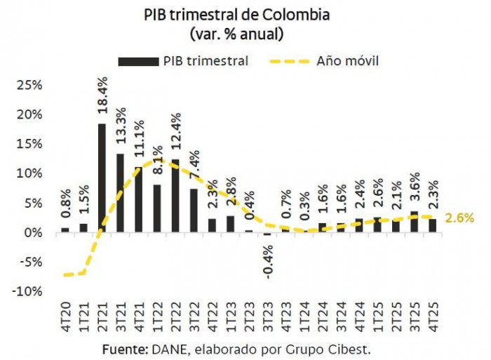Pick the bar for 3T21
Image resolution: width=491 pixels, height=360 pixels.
(120, 193)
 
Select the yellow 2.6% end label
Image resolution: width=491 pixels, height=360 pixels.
(459, 218)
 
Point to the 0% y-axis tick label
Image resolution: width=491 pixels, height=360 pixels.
(34, 232)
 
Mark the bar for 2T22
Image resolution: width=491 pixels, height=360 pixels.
(175, 196)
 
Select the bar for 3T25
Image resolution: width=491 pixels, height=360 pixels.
(414, 222)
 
